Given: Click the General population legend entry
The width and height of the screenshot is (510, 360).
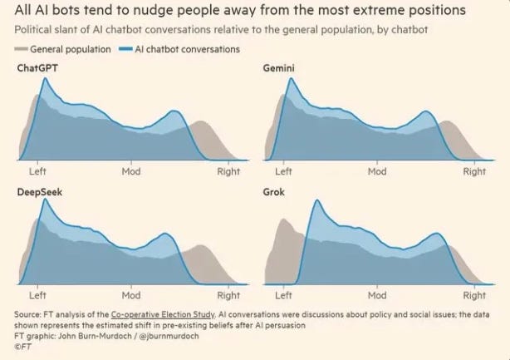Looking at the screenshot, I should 64,49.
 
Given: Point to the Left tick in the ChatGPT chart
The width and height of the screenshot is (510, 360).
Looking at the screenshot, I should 37,171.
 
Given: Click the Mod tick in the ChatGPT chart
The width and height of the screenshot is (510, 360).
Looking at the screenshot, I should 131,171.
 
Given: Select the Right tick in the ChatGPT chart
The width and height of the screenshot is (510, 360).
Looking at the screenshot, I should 228,171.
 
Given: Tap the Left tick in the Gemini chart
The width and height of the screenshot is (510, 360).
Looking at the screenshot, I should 283,171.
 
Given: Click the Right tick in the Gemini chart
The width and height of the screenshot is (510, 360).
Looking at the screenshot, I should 474,171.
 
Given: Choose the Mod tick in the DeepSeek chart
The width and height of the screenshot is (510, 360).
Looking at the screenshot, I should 131,295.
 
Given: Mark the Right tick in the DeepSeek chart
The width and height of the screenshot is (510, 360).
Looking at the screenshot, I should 228,295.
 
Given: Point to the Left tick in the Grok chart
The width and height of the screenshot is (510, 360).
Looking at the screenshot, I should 283,295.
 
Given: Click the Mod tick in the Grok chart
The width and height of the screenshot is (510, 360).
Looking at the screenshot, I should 377,295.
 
